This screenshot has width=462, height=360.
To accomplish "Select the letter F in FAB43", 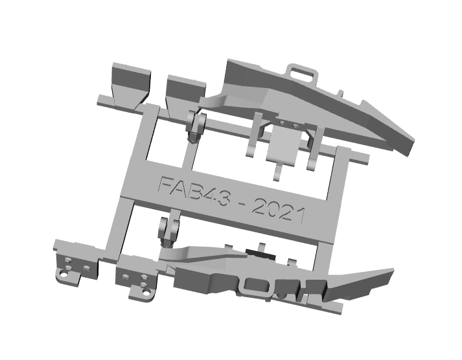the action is (x=167, y=185).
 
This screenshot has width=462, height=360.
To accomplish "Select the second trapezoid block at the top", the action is (x=185, y=93).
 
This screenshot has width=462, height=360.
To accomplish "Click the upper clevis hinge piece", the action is (x=196, y=127).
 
